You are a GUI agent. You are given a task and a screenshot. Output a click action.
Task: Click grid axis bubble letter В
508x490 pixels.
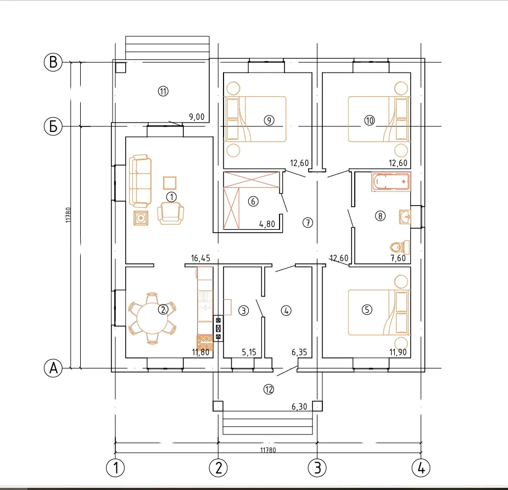(53, 62)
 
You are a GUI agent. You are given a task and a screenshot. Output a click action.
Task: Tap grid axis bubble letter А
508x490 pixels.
(53, 368)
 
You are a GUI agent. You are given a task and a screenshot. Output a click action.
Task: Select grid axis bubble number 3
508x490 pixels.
(317, 468)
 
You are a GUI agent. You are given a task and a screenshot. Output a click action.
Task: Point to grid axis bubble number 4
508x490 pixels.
(421, 468)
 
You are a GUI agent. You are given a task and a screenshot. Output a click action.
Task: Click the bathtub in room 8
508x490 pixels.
(391, 181)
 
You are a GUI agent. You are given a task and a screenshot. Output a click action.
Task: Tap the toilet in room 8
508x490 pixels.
(400, 247)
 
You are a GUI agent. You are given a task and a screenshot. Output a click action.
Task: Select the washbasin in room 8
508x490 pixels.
(405, 217)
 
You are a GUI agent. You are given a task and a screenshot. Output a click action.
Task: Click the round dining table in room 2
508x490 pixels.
(152, 318)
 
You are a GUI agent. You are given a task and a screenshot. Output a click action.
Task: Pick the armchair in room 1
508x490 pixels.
(170, 213)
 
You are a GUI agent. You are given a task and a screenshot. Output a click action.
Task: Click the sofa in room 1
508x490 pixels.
(140, 181)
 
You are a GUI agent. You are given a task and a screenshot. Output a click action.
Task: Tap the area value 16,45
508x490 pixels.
(200, 258)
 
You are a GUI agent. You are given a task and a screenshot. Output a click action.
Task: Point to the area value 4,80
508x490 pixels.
(267, 224)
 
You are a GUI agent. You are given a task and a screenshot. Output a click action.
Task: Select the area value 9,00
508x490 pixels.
(197, 117)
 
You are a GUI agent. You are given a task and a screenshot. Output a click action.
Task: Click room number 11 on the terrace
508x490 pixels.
(163, 91)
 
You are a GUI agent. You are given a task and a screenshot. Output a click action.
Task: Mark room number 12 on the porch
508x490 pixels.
(269, 389)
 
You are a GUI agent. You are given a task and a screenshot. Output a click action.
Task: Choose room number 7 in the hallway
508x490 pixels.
(308, 223)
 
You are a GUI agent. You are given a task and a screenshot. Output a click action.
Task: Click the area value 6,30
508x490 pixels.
(299, 406)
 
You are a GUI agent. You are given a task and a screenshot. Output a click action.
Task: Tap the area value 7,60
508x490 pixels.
(398, 258)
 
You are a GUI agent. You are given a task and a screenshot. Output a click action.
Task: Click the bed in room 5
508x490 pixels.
(378, 312)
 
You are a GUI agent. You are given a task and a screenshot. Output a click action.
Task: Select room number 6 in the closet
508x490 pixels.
(253, 201)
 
